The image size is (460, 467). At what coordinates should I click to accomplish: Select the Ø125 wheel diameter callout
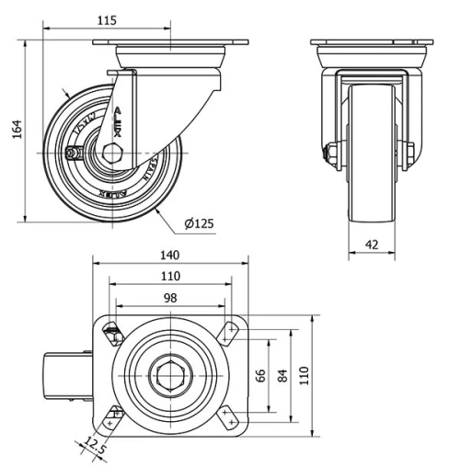[200, 223]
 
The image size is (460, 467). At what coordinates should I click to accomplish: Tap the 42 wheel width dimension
[371, 245]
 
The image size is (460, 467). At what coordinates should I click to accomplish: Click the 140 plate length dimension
[169, 255]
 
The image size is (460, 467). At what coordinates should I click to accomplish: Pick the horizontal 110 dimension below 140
[169, 276]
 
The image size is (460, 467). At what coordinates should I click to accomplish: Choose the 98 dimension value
[169, 297]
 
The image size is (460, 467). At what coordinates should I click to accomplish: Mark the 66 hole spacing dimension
[260, 374]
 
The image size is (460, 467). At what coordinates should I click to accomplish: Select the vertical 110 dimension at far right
[306, 374]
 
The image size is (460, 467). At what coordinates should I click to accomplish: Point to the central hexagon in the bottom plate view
[169, 374]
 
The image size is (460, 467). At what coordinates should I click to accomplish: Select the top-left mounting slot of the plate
[114, 332]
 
